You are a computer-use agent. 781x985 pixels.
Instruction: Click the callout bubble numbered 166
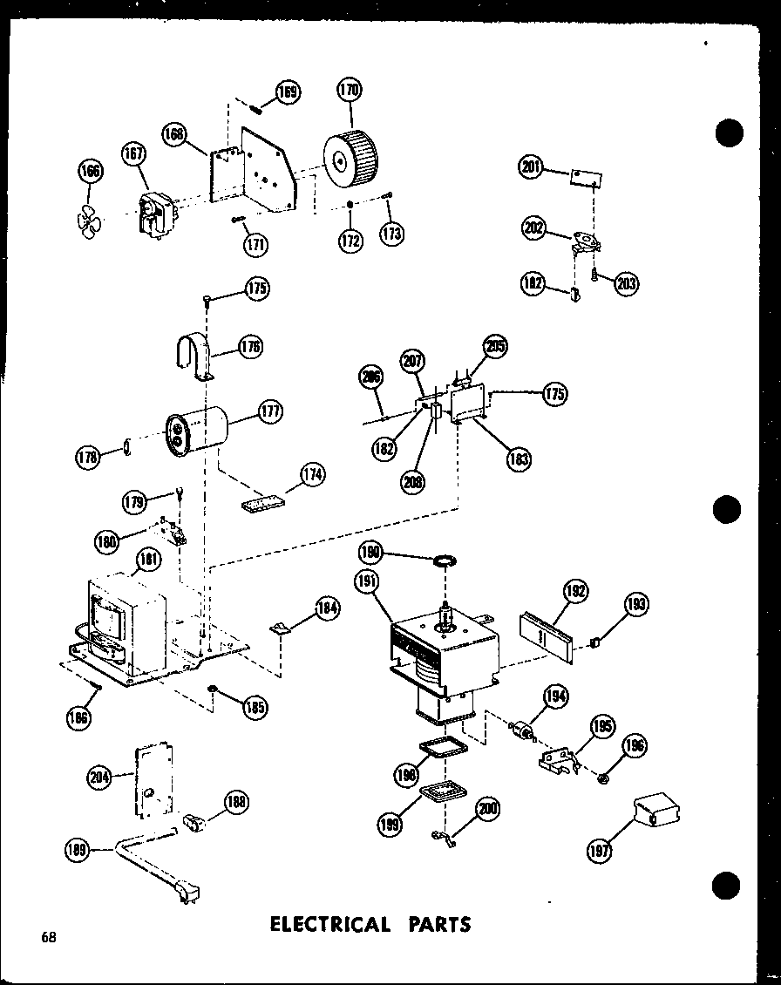(x=90, y=172)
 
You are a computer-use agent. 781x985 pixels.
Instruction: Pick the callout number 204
(x=100, y=778)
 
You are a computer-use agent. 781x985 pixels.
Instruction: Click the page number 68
(x=48, y=938)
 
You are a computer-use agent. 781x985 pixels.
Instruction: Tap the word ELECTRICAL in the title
(x=330, y=924)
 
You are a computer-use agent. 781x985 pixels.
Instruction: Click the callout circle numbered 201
(x=531, y=167)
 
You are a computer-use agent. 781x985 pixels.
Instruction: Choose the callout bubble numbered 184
(x=327, y=608)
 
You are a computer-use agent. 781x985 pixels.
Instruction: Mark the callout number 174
(x=312, y=475)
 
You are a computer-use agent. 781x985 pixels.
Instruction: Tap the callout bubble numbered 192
(x=576, y=592)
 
